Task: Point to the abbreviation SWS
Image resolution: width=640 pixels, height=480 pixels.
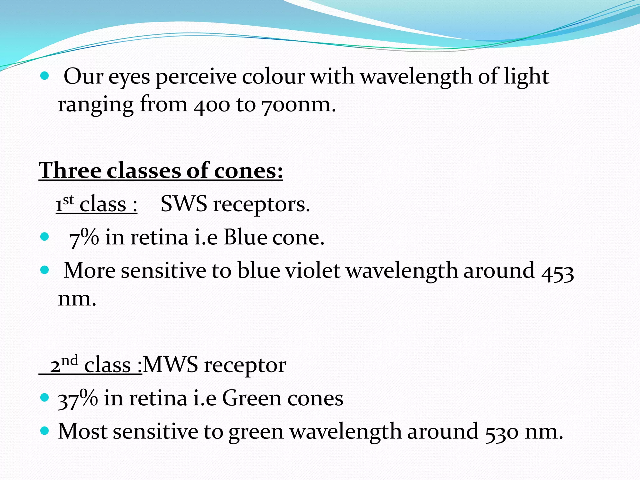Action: (x=184, y=204)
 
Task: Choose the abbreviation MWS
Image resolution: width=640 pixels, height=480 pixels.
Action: (x=171, y=365)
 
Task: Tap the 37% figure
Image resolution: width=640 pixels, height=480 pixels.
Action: (x=78, y=399)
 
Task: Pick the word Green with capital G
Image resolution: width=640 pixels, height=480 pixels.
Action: (x=251, y=398)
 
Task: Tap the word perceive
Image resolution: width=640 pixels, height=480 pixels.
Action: (x=196, y=77)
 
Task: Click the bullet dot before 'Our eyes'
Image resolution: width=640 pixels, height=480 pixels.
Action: (x=45, y=76)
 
